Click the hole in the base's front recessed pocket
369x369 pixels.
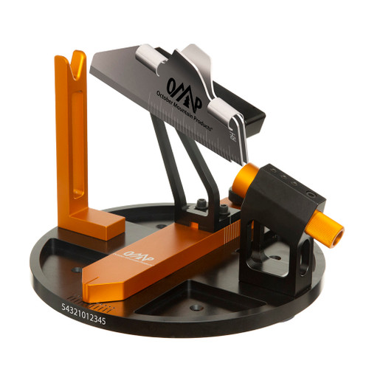coord(196,306)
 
